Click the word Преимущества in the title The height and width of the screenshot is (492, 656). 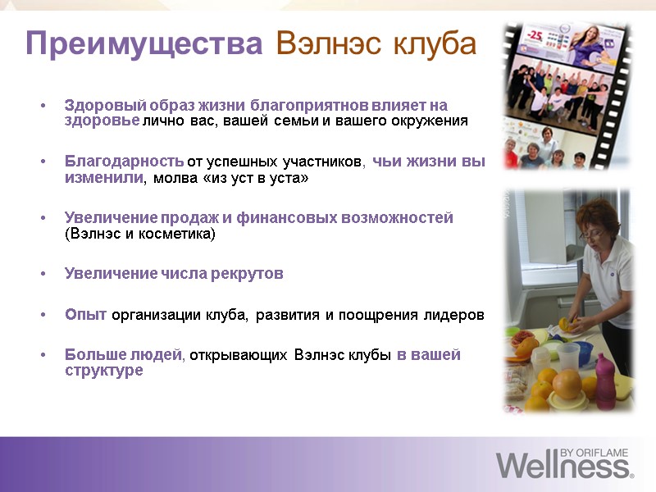[143, 43]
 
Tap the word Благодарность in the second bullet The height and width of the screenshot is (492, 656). [124, 162]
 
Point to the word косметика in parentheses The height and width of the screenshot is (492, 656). [175, 234]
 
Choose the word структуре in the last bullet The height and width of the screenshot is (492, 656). [103, 371]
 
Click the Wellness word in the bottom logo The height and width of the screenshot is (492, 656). [563, 467]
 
